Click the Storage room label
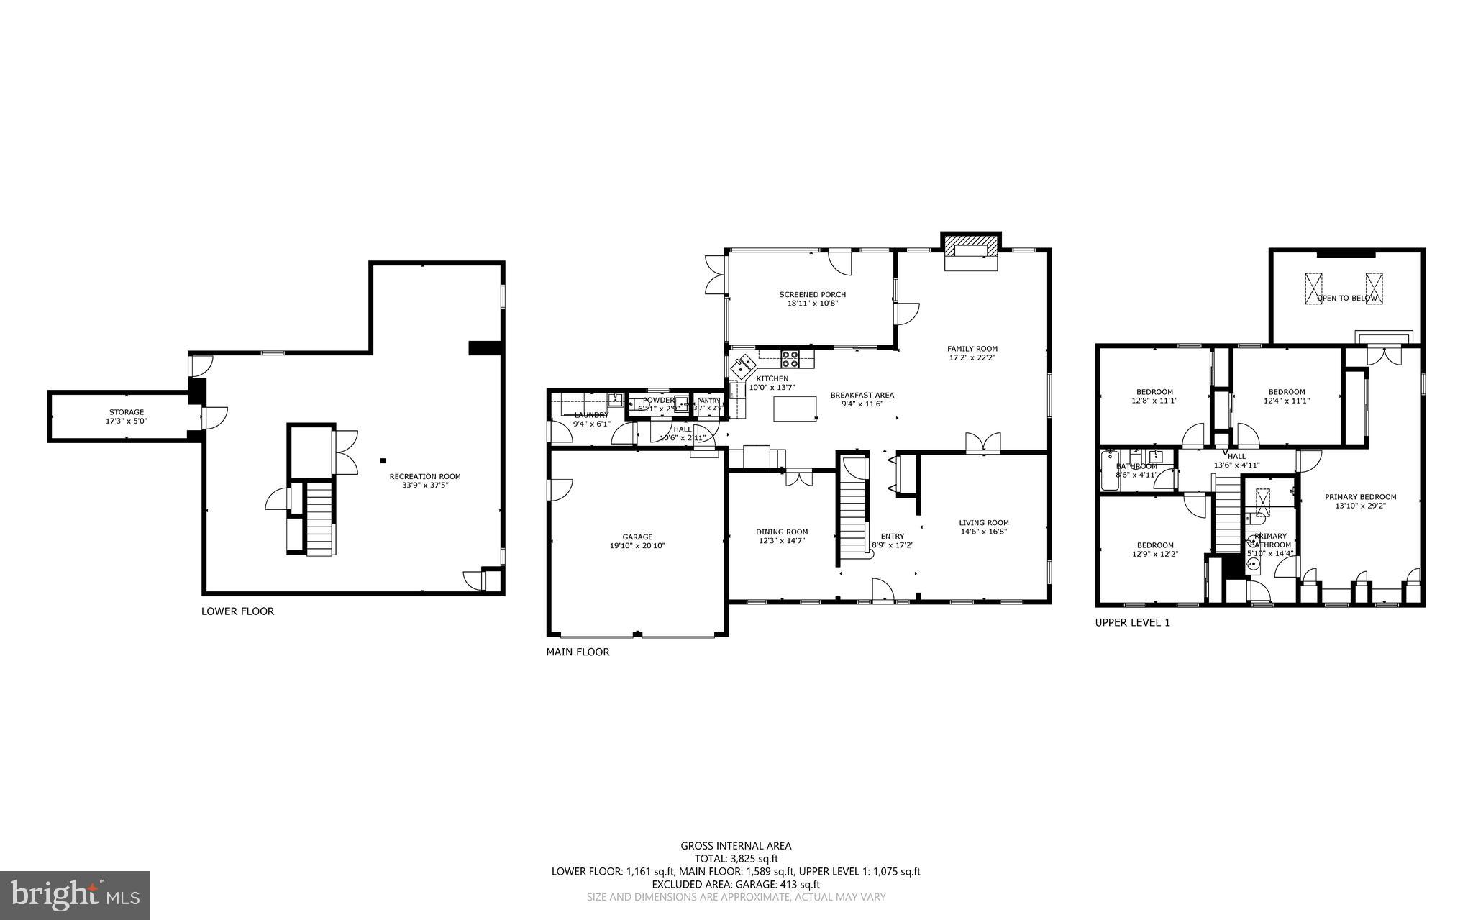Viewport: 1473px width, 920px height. pos(127,412)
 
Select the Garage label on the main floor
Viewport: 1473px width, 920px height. pos(637,537)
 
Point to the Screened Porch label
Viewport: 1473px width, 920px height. pos(812,294)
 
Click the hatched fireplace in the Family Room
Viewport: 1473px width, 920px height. pos(971,248)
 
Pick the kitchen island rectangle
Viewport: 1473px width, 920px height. pos(795,408)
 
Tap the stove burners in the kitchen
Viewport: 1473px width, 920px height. pos(790,355)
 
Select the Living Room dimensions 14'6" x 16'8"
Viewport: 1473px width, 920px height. pos(983,532)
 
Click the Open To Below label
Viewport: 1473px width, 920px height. pos(1347,298)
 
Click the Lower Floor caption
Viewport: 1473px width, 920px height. pos(237,611)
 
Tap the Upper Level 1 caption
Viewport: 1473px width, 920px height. pos(1132,623)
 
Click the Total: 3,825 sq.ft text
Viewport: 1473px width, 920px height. pos(736,858)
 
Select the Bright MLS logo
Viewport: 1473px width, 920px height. pos(75,895)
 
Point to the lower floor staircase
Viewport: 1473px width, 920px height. pos(320,517)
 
